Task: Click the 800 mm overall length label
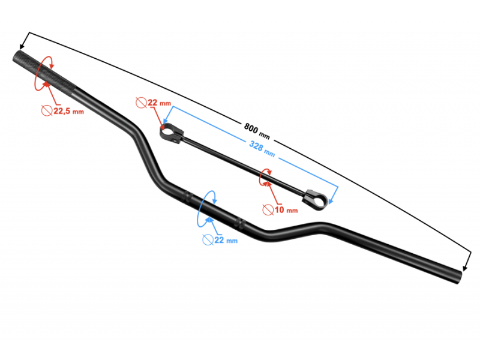click(x=257, y=131)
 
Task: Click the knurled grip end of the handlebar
click(x=44, y=72)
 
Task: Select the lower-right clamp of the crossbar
click(x=316, y=200)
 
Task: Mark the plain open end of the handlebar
click(x=458, y=277)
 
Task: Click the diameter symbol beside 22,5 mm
click(x=47, y=110)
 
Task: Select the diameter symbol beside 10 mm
click(x=268, y=209)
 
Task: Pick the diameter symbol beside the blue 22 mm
click(x=208, y=239)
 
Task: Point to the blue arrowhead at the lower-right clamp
click(x=331, y=202)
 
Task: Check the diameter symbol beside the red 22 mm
click(x=141, y=103)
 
